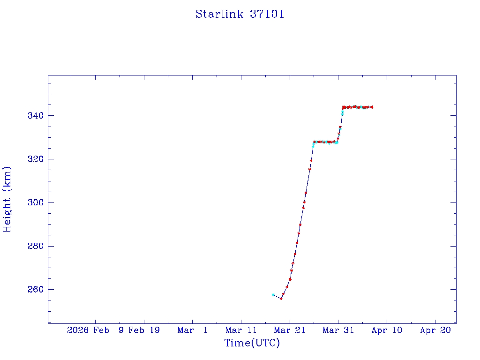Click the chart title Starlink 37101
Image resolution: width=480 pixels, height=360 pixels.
[x=240, y=14]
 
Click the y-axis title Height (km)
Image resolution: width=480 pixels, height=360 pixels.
[x=7, y=199]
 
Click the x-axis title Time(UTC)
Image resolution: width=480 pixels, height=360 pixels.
[x=252, y=343]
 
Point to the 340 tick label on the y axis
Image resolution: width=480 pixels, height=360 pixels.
[x=35, y=116]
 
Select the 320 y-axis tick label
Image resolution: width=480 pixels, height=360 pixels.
[x=35, y=159]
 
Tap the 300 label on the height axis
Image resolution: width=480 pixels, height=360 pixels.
[x=35, y=202]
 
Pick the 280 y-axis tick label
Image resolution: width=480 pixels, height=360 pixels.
[x=35, y=246]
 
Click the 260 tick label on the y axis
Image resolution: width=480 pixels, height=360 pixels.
[x=35, y=290]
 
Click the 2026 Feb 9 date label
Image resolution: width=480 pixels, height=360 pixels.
[x=96, y=330]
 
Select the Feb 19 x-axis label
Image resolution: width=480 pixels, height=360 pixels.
[x=144, y=330]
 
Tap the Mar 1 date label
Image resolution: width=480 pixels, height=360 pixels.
[x=193, y=330]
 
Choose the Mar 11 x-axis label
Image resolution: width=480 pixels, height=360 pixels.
[x=241, y=330]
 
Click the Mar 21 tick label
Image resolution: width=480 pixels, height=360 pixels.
[x=290, y=330]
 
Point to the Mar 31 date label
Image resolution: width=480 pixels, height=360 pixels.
[x=338, y=330]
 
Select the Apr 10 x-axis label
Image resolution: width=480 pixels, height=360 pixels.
[x=387, y=330]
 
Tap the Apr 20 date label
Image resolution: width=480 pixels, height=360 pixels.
[x=435, y=330]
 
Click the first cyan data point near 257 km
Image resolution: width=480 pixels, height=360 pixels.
[x=273, y=295]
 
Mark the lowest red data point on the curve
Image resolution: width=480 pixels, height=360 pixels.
[x=281, y=299]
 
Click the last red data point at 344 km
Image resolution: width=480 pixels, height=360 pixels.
[x=372, y=107]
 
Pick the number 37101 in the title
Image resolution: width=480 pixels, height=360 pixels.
[x=267, y=14]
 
